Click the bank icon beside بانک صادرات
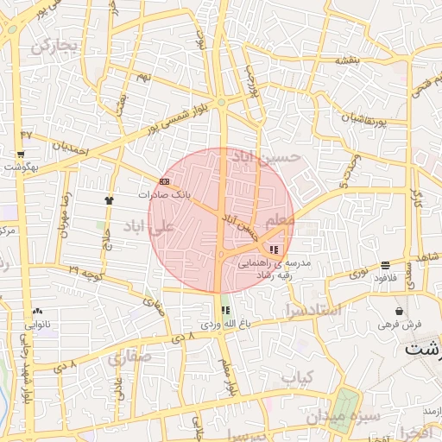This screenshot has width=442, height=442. click(x=164, y=181)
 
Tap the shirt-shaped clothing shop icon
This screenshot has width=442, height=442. click(x=108, y=199)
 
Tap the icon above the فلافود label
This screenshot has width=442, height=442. click(x=384, y=265)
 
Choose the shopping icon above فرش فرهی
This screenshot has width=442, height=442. click(x=399, y=311)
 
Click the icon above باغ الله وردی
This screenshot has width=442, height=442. click(x=225, y=310)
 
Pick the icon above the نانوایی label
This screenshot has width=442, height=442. click(x=37, y=311)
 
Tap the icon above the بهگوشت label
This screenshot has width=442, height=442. click(x=21, y=155)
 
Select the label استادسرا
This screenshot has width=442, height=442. click(x=313, y=308)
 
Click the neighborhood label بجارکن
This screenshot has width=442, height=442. click(x=54, y=45)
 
